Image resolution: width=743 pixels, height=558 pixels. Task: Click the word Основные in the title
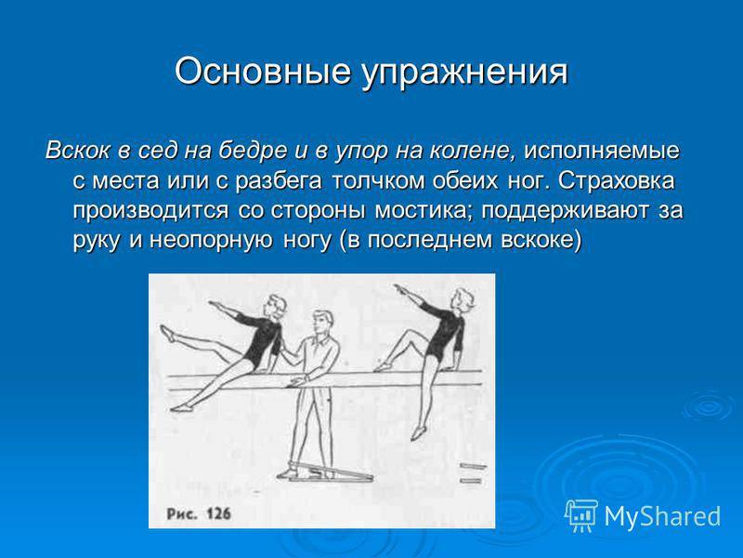263,72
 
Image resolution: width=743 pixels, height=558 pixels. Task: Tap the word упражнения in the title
465,73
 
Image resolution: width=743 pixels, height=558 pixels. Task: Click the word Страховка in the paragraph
616,180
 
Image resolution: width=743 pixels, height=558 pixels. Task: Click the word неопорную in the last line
212,241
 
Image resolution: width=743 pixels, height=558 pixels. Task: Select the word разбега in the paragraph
280,181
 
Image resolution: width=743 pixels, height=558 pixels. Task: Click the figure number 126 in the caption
218,513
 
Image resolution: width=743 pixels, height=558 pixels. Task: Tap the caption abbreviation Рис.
181,514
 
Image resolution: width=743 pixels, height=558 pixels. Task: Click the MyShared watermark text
662,516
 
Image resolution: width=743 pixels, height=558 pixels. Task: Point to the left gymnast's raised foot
167,333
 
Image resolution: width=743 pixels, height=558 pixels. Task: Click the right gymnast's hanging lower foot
417,432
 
